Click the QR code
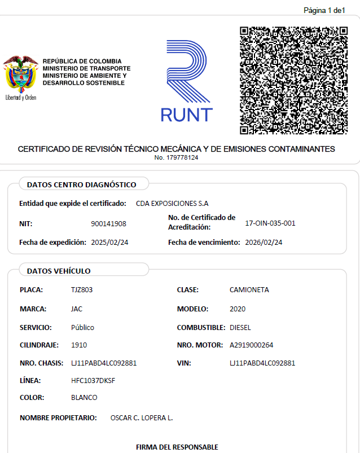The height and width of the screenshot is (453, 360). pyautogui.click(x=293, y=80)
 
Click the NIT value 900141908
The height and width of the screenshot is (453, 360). pyautogui.click(x=108, y=224)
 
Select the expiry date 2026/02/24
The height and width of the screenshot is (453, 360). pyautogui.click(x=264, y=243)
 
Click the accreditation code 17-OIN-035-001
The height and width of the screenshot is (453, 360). pyautogui.click(x=270, y=223)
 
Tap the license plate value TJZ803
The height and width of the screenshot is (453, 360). pyautogui.click(x=82, y=290)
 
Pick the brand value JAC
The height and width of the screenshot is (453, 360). pyautogui.click(x=77, y=309)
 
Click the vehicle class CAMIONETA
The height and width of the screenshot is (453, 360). pyautogui.click(x=249, y=290)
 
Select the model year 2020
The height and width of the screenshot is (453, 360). pyautogui.click(x=238, y=309)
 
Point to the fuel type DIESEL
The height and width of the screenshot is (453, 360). pyautogui.click(x=240, y=328)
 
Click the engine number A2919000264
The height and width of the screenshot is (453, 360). pyautogui.click(x=251, y=345)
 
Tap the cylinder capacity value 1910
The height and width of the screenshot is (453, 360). pyautogui.click(x=79, y=345)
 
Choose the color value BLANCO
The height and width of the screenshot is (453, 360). pyautogui.click(x=84, y=398)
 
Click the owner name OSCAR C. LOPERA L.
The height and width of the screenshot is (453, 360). pyautogui.click(x=142, y=418)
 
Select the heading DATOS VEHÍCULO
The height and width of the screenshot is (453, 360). pyautogui.click(x=59, y=271)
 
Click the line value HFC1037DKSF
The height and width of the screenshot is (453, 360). pyautogui.click(x=94, y=380)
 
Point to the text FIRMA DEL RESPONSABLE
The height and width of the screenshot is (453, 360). pyautogui.click(x=177, y=447)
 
